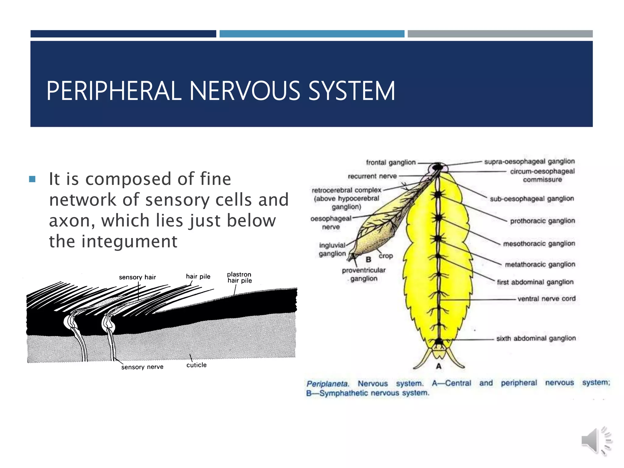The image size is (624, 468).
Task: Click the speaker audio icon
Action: (x=596, y=441)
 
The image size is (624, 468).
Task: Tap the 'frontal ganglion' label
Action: (x=391, y=162)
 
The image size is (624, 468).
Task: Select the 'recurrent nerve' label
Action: (x=372, y=176)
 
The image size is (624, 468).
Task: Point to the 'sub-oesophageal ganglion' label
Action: (x=532, y=199)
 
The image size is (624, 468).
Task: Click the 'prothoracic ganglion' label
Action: (x=542, y=221)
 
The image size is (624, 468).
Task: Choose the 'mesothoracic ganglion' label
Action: (x=539, y=243)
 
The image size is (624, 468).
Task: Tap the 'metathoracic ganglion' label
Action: (x=540, y=264)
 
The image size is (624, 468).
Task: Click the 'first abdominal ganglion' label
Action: (x=535, y=282)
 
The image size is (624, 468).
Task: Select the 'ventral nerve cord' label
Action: (x=546, y=299)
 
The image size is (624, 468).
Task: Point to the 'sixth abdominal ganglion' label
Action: (x=536, y=338)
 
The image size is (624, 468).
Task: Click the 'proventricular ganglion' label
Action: (x=363, y=274)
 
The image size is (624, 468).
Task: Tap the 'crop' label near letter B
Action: (x=386, y=256)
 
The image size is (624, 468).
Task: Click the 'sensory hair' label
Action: (x=137, y=277)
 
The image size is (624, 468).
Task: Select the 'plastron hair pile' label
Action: (x=239, y=278)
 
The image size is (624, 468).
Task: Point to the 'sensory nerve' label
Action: (x=142, y=367)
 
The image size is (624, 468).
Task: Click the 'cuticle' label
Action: (x=197, y=365)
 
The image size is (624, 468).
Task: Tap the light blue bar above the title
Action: (x=312, y=34)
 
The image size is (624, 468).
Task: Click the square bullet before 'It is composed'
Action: (x=32, y=179)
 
